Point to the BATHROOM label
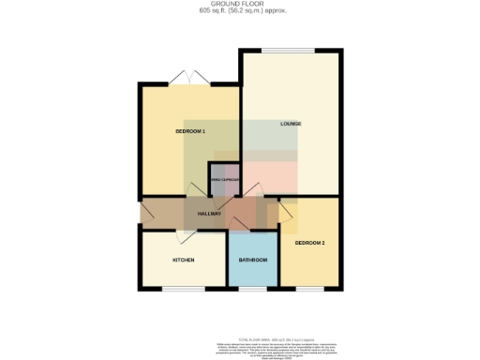click(x=253, y=259)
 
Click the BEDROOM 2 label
click(x=309, y=243)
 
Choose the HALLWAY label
click(x=209, y=214)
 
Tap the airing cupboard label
click(x=226, y=180)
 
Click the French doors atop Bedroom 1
click(x=190, y=79)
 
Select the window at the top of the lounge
click(x=288, y=51)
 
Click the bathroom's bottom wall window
click(x=253, y=288)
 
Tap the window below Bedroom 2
click(x=309, y=288)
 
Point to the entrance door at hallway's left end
click(x=142, y=214)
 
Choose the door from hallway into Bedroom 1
click(x=193, y=190)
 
